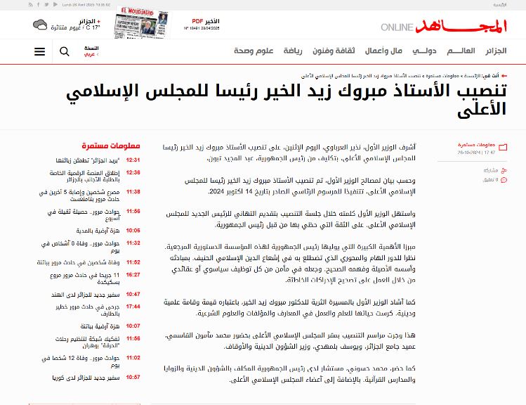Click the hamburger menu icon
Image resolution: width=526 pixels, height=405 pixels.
[39, 51]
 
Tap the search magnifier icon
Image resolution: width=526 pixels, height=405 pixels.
[65, 51]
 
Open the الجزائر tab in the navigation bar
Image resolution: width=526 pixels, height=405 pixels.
[495, 51]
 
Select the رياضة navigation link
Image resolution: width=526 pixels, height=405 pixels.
[294, 51]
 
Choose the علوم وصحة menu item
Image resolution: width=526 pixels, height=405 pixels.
[254, 51]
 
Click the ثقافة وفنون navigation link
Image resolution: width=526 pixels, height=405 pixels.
[334, 51]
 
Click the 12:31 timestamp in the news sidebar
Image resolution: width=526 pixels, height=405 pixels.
[133, 160]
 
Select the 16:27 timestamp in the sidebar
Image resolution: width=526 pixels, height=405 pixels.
[133, 275]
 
